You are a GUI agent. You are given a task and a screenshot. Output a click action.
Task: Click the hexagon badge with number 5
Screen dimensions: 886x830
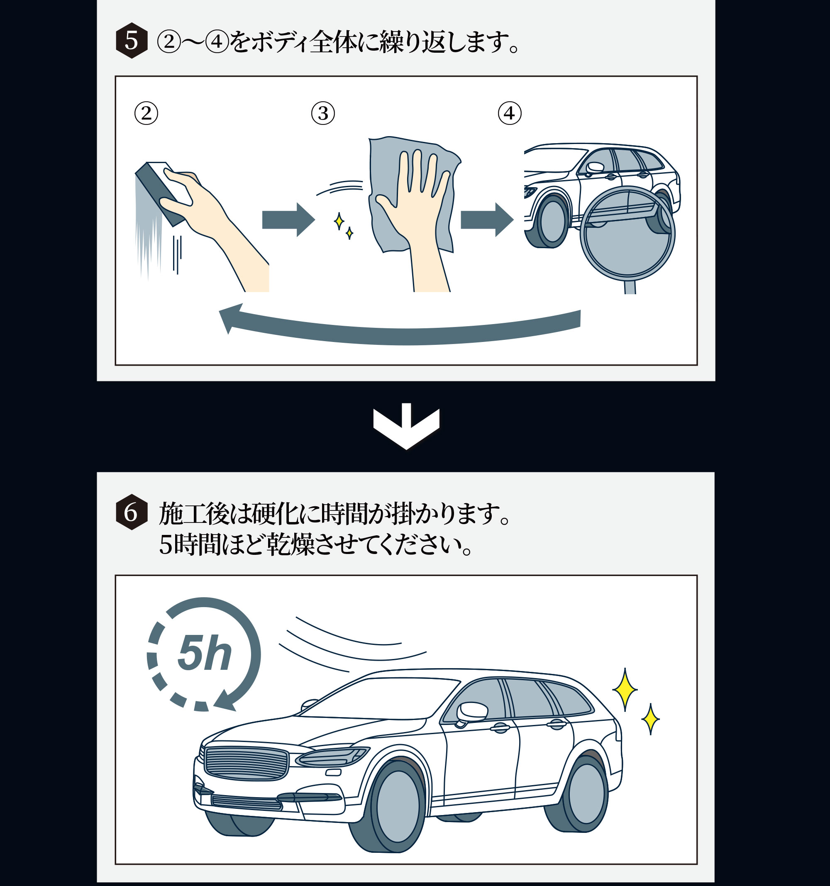[x=132, y=41]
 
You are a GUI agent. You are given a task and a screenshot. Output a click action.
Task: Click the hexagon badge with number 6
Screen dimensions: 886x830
[x=132, y=512]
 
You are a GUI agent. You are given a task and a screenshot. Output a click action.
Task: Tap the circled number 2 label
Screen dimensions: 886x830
[x=146, y=113]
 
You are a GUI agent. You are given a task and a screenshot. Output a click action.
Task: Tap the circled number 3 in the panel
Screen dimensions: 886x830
[x=323, y=113]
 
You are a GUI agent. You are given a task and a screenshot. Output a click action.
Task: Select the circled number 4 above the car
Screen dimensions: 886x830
[x=510, y=113]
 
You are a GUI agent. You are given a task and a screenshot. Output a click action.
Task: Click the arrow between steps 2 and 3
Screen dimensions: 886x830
[x=288, y=219]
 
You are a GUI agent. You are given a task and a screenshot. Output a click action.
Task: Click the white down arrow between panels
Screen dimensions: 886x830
[x=406, y=426]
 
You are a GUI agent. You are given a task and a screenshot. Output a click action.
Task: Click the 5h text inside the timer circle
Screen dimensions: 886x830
[x=205, y=653]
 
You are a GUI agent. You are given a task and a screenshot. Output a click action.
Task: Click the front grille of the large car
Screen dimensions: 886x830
[x=246, y=764]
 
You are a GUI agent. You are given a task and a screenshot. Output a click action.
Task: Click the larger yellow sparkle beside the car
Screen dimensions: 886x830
[x=625, y=689]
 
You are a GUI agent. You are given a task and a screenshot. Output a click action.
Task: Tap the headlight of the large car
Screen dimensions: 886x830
[x=332, y=756]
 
